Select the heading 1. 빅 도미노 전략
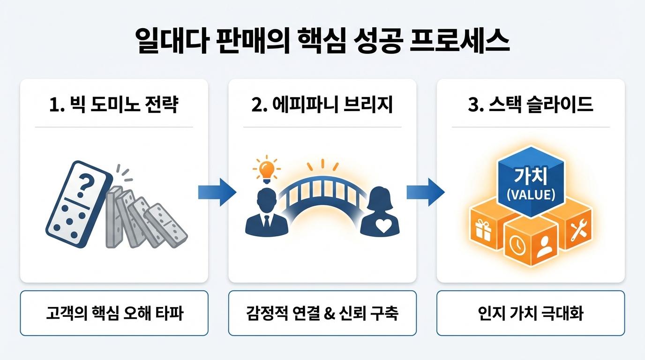[113, 105]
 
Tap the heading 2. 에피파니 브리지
[322, 105]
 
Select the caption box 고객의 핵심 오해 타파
[114, 313]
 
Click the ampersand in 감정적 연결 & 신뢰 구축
[330, 313]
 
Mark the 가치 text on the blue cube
[532, 177]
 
